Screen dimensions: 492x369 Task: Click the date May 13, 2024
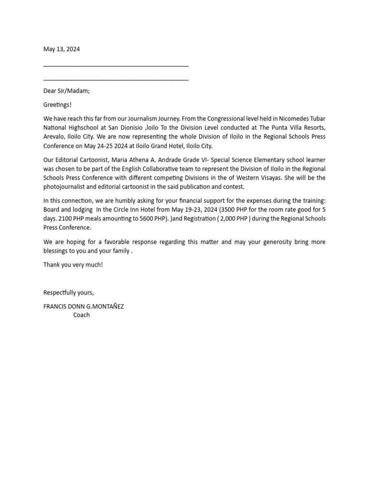[x=61, y=49]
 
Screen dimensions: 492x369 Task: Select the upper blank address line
[x=116, y=66]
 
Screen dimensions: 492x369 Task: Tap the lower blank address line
[x=116, y=79]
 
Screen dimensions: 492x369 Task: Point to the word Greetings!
[x=57, y=105]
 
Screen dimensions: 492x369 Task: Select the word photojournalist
[x=64, y=187]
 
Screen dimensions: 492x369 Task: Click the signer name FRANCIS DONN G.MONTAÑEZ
[x=84, y=307]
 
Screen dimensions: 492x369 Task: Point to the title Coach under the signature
[x=81, y=315]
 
